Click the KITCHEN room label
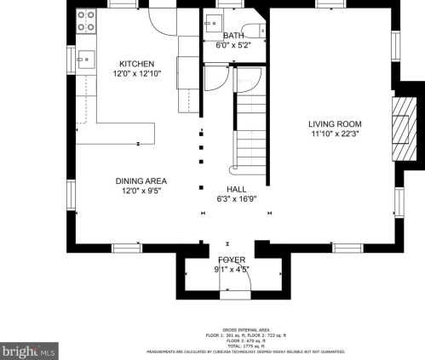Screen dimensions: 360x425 136,64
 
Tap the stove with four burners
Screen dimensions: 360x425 86,20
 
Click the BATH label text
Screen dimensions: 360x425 233,36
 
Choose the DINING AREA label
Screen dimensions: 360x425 141,180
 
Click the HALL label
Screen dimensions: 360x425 237,188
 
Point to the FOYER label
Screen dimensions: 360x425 231,259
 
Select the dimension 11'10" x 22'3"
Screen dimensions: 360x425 334,134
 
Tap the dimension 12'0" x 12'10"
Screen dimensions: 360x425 136,74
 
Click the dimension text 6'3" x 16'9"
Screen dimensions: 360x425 237,198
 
